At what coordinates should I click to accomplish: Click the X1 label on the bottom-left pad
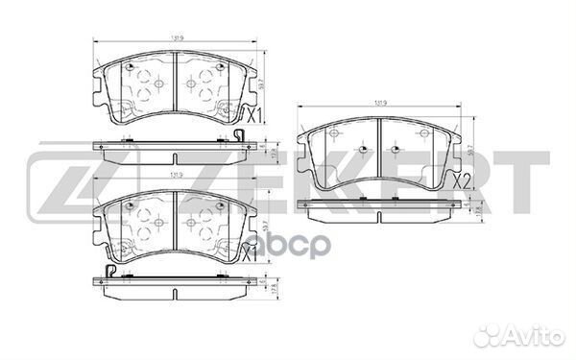(249, 253)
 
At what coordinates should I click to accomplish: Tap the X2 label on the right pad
(461, 180)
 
